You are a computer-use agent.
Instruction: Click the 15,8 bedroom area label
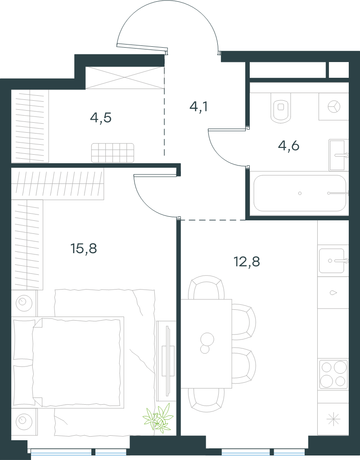(x=84, y=249)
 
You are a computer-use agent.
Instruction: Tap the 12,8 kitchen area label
(x=247, y=262)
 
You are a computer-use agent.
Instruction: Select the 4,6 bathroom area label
(x=288, y=146)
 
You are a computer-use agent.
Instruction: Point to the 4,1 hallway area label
(x=199, y=107)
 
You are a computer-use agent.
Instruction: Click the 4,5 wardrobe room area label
(x=101, y=118)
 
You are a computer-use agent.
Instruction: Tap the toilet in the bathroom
(x=281, y=107)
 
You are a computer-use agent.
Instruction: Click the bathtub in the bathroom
(x=300, y=193)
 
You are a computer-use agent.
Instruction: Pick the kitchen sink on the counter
(x=332, y=260)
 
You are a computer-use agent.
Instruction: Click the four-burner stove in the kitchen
(x=333, y=374)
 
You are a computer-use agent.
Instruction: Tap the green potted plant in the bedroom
(x=158, y=418)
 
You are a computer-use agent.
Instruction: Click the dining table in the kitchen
(x=206, y=344)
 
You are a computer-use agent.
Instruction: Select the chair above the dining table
(x=206, y=287)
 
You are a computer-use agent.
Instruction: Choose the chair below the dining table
(x=206, y=399)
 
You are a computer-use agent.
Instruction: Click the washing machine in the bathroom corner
(x=334, y=107)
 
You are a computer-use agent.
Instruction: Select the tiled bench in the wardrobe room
(x=112, y=153)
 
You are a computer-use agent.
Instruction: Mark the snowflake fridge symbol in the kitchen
(x=333, y=419)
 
